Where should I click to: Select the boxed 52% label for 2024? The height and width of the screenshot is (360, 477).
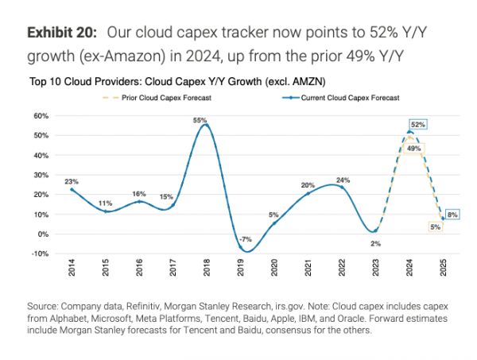418,125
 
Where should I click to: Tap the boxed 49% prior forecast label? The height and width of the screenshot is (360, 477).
413,149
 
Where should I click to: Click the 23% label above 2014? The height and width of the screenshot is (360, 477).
72,182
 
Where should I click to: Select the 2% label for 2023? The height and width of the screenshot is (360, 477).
375,242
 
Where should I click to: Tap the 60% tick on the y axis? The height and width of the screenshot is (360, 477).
41,116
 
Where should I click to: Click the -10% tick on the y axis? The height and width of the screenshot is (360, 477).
40,254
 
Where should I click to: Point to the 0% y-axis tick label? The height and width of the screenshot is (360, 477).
43,234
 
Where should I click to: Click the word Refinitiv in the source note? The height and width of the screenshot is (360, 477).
161,305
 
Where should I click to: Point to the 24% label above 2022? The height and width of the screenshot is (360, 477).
342,180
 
